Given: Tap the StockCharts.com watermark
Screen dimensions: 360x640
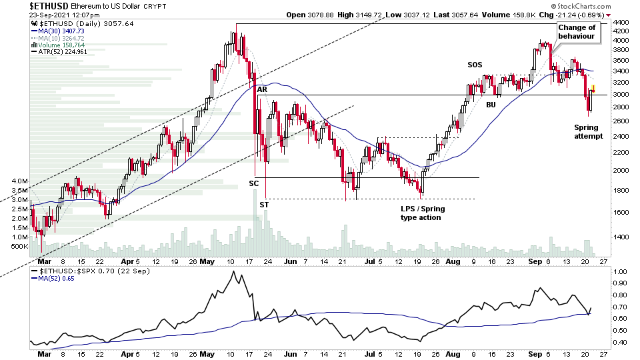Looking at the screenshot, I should click(x=577, y=13).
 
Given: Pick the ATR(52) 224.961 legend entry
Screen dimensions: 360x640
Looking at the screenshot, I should click(x=63, y=53).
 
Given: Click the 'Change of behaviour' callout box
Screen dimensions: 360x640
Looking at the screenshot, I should click(x=577, y=31).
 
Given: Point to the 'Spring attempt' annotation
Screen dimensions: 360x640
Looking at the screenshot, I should click(x=588, y=131).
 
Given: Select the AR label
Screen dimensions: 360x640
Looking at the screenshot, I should click(x=262, y=89).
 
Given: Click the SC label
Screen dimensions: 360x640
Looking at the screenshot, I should click(x=254, y=183).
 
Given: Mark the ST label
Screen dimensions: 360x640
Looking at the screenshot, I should click(x=264, y=205).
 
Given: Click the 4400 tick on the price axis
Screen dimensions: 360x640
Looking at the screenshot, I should click(x=620, y=23).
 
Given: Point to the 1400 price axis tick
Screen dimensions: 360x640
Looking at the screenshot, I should click(x=620, y=237).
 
